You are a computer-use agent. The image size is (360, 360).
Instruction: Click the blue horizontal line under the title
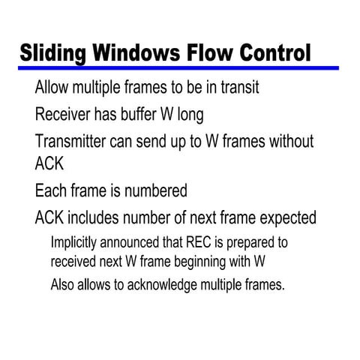pyautogui.click(x=180, y=68)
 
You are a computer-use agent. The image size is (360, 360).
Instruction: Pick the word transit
pyautogui.click(x=239, y=88)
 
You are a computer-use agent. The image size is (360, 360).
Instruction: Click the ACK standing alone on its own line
pyautogui.click(x=50, y=163)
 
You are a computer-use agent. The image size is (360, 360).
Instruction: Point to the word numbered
pyautogui.click(x=149, y=190)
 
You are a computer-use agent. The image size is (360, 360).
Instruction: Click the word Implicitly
pyautogui.click(x=77, y=244)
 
